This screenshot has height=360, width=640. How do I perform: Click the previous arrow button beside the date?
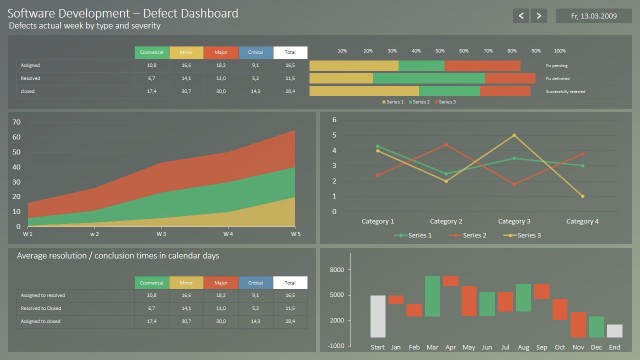[521, 15]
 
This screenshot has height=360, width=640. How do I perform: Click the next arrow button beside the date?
[539, 15]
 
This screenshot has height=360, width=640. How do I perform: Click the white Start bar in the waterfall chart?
[377, 316]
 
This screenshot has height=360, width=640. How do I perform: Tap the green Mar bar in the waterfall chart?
[432, 296]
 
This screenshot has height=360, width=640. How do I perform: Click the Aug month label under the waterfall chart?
[523, 348]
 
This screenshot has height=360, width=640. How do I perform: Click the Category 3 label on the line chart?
[514, 221]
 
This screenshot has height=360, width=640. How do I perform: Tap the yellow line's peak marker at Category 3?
[514, 135]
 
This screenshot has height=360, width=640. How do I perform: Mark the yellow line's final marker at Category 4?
[582, 195]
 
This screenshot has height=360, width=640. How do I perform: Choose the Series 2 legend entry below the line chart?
[474, 235]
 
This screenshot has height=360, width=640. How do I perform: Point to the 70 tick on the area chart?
[16, 122]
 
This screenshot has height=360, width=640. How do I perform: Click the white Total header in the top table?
[290, 52]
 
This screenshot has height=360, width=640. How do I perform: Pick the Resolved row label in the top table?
[30, 77]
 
